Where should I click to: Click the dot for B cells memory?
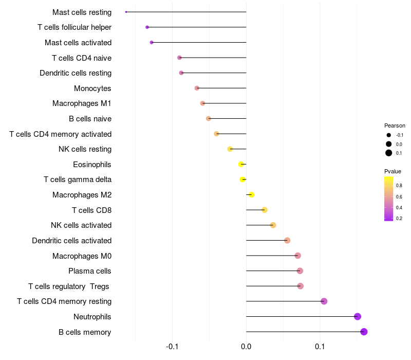364,332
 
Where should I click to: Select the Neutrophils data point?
358,317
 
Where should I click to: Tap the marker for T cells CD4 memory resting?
324,301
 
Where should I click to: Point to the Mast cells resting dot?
126,12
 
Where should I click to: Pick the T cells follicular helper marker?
147,27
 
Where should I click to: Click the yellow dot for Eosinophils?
240,164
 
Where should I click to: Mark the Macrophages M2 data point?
251,194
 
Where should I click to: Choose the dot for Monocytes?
197,88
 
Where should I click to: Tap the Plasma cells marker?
300,271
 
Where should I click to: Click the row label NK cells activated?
81,225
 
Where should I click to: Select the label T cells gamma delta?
78,179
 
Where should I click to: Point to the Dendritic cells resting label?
76,73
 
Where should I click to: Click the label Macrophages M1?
82,103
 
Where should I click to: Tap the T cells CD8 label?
91,210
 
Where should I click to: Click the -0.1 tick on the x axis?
172,347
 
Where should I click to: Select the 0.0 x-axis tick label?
246,347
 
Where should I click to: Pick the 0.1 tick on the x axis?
320,347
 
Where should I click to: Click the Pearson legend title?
395,125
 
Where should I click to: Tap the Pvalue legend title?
393,171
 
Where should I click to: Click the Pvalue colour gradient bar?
388,199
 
